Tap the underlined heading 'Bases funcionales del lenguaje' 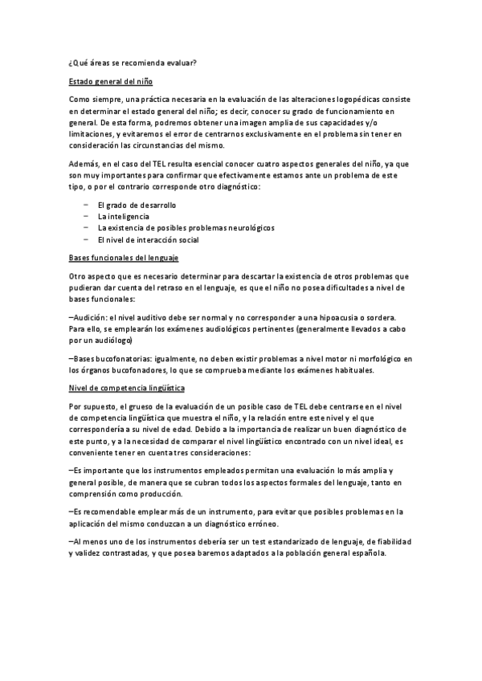click(123, 258)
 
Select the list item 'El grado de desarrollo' click(137, 206)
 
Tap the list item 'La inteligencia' click(123, 217)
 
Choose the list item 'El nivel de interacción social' click(148, 239)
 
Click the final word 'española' click(370, 553)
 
